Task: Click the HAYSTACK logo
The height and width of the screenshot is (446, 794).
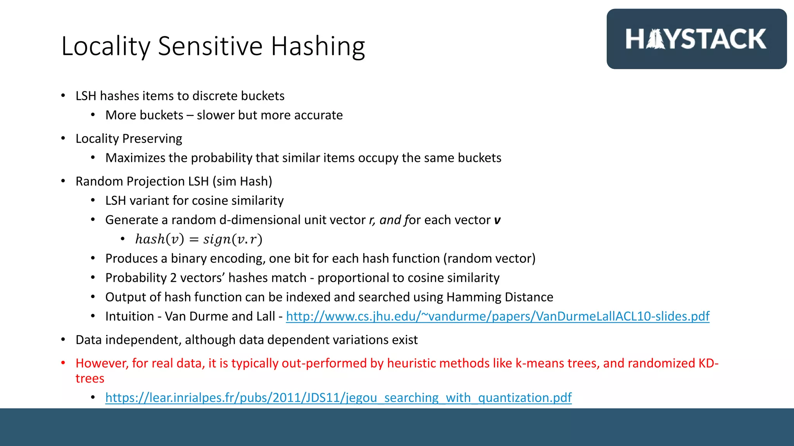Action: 696,39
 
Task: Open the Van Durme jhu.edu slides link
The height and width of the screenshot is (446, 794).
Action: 497,316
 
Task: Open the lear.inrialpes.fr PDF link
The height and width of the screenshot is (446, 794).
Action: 338,398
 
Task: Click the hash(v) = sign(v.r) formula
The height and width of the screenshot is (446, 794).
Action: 198,239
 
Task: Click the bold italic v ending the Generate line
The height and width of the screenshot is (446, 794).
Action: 497,220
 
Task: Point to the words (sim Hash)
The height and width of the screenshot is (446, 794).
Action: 242,181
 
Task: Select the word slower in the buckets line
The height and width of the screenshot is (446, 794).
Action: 216,115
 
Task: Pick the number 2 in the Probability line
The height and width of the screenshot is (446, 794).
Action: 173,278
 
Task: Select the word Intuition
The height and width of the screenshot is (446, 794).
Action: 129,316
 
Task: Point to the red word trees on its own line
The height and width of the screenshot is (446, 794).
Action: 90,379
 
